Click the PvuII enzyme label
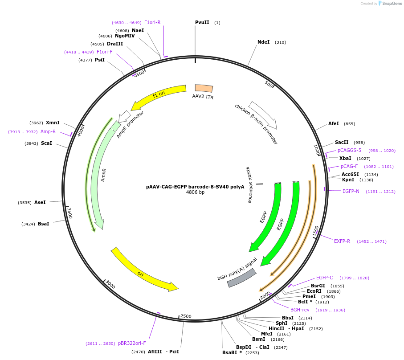point(202,23)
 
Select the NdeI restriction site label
point(263,42)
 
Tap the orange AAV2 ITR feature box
point(204,88)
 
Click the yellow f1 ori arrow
point(160,95)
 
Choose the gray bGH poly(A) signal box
point(241,278)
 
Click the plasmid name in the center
point(195,187)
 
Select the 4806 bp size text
point(195,192)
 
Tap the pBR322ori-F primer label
point(132,343)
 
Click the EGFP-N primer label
point(351,192)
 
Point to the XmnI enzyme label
point(53,123)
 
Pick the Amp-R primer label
point(48,132)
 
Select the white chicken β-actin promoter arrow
point(263,115)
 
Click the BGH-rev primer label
point(300,310)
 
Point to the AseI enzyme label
point(40,202)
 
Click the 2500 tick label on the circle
point(186,316)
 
